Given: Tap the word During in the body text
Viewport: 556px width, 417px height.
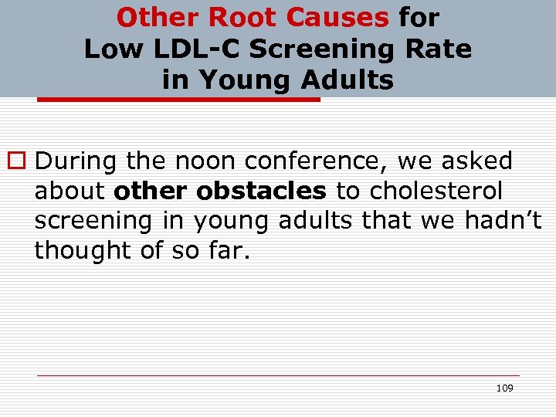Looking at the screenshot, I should [x=76, y=161].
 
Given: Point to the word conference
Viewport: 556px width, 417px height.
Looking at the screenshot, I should [x=317, y=161].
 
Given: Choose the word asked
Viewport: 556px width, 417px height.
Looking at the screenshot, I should [x=477, y=161].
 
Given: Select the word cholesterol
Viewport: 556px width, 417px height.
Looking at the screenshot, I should [x=436, y=191].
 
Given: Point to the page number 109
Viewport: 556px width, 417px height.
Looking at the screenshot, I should [x=504, y=388].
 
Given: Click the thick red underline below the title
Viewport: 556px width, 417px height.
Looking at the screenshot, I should [x=178, y=100].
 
